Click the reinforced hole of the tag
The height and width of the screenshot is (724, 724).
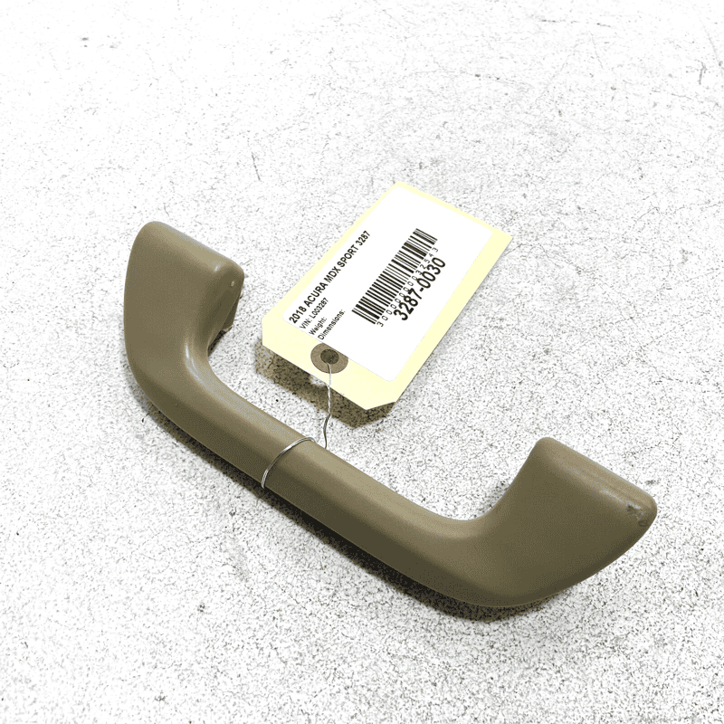click(331, 358)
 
